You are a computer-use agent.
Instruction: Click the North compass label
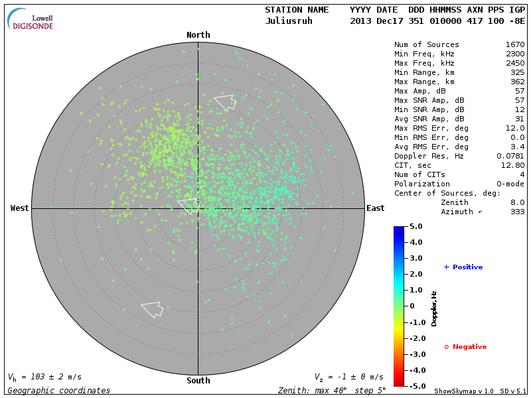coord(198,35)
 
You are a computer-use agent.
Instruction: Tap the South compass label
coord(198,381)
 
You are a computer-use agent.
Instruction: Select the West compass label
coord(20,208)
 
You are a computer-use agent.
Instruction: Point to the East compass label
coord(375,208)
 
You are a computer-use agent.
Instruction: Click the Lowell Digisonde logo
coord(31,19)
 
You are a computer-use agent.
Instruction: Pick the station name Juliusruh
coord(289,21)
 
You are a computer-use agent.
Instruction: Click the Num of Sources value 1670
coord(514,45)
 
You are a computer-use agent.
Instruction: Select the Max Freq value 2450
coord(514,64)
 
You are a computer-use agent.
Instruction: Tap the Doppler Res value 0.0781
coord(510,156)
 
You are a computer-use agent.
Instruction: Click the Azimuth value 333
coord(517,212)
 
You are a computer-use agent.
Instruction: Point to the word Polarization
coord(422,184)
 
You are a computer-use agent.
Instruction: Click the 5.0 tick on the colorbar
coord(416,227)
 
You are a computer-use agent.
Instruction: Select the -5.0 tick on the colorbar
coord(414,385)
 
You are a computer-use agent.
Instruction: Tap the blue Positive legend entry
coord(463,267)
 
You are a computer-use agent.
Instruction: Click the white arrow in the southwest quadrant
coord(152,309)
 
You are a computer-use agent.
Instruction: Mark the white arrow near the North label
coord(225,101)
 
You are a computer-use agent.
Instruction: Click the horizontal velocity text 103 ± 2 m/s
coord(50,377)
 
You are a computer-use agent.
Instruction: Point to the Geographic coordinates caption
coord(59,391)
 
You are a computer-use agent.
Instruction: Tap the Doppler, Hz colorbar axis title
coord(434,308)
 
